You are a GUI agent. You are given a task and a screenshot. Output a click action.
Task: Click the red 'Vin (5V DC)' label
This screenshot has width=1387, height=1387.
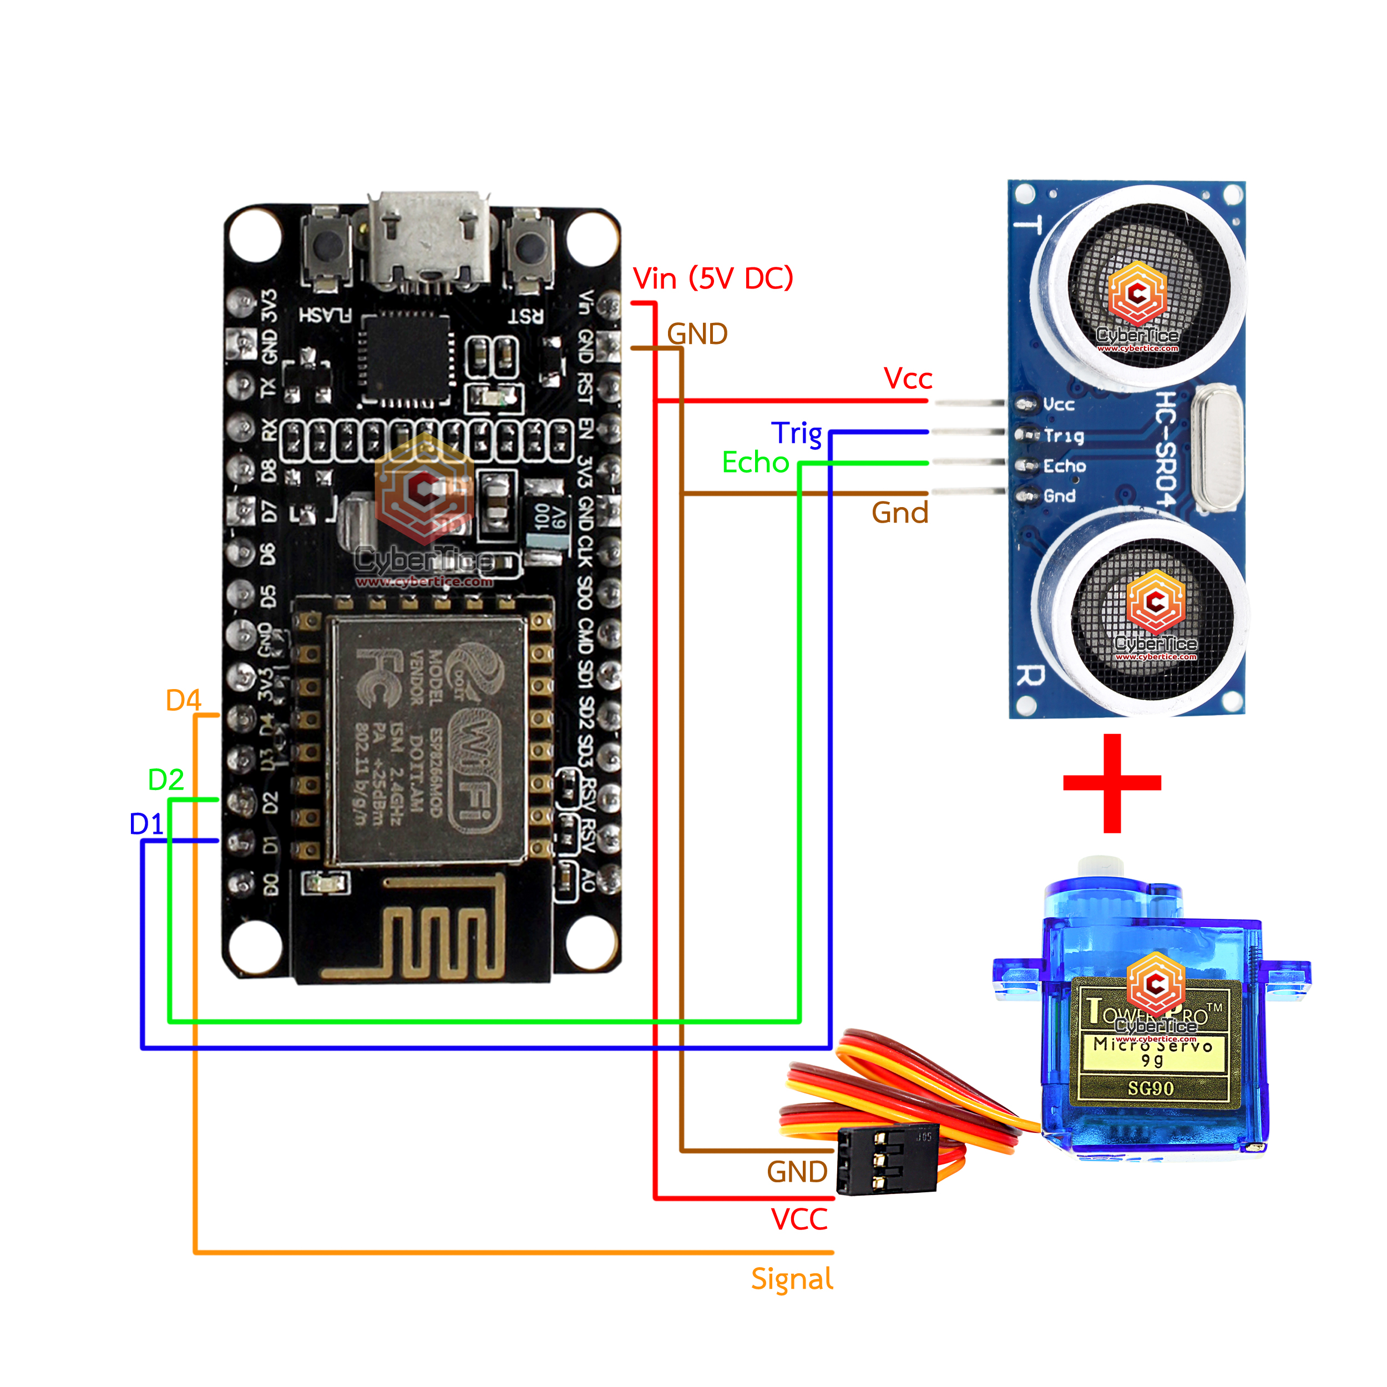pos(712,279)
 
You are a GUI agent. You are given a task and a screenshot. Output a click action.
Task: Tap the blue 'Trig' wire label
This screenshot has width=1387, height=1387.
pos(796,434)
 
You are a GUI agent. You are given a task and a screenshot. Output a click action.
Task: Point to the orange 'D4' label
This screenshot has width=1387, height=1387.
pos(183,700)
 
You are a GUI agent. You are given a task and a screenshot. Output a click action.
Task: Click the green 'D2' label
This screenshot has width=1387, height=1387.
pos(166,779)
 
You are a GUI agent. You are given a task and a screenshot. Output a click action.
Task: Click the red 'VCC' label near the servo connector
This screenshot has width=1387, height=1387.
pos(799,1219)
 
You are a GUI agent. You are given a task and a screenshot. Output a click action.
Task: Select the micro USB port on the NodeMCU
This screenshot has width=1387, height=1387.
pos(429,240)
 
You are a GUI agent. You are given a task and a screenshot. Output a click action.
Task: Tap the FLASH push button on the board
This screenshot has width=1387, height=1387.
pos(327,247)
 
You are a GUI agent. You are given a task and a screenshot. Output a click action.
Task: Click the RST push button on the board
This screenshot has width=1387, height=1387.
pos(530,247)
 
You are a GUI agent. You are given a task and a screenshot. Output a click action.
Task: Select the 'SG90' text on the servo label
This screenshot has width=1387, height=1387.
pos(1151,1089)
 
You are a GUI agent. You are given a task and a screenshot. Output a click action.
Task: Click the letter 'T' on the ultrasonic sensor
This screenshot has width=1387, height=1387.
pos(1028,225)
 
